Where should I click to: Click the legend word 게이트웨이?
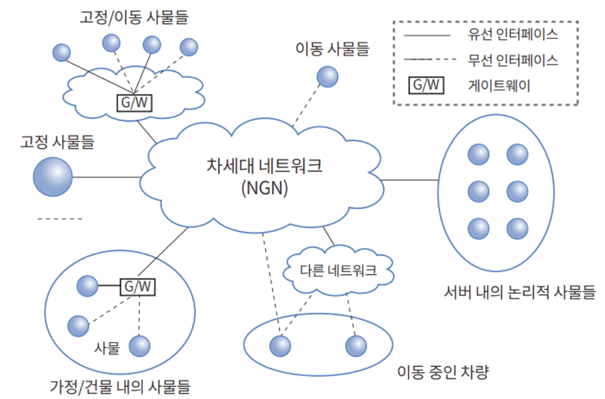pos(500,85)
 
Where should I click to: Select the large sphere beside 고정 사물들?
pos(52,176)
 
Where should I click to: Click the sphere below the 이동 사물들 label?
pos(327,76)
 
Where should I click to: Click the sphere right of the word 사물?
pos(139,346)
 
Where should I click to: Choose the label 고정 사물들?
pos(58,141)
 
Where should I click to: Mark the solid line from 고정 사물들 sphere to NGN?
pos(106,176)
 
